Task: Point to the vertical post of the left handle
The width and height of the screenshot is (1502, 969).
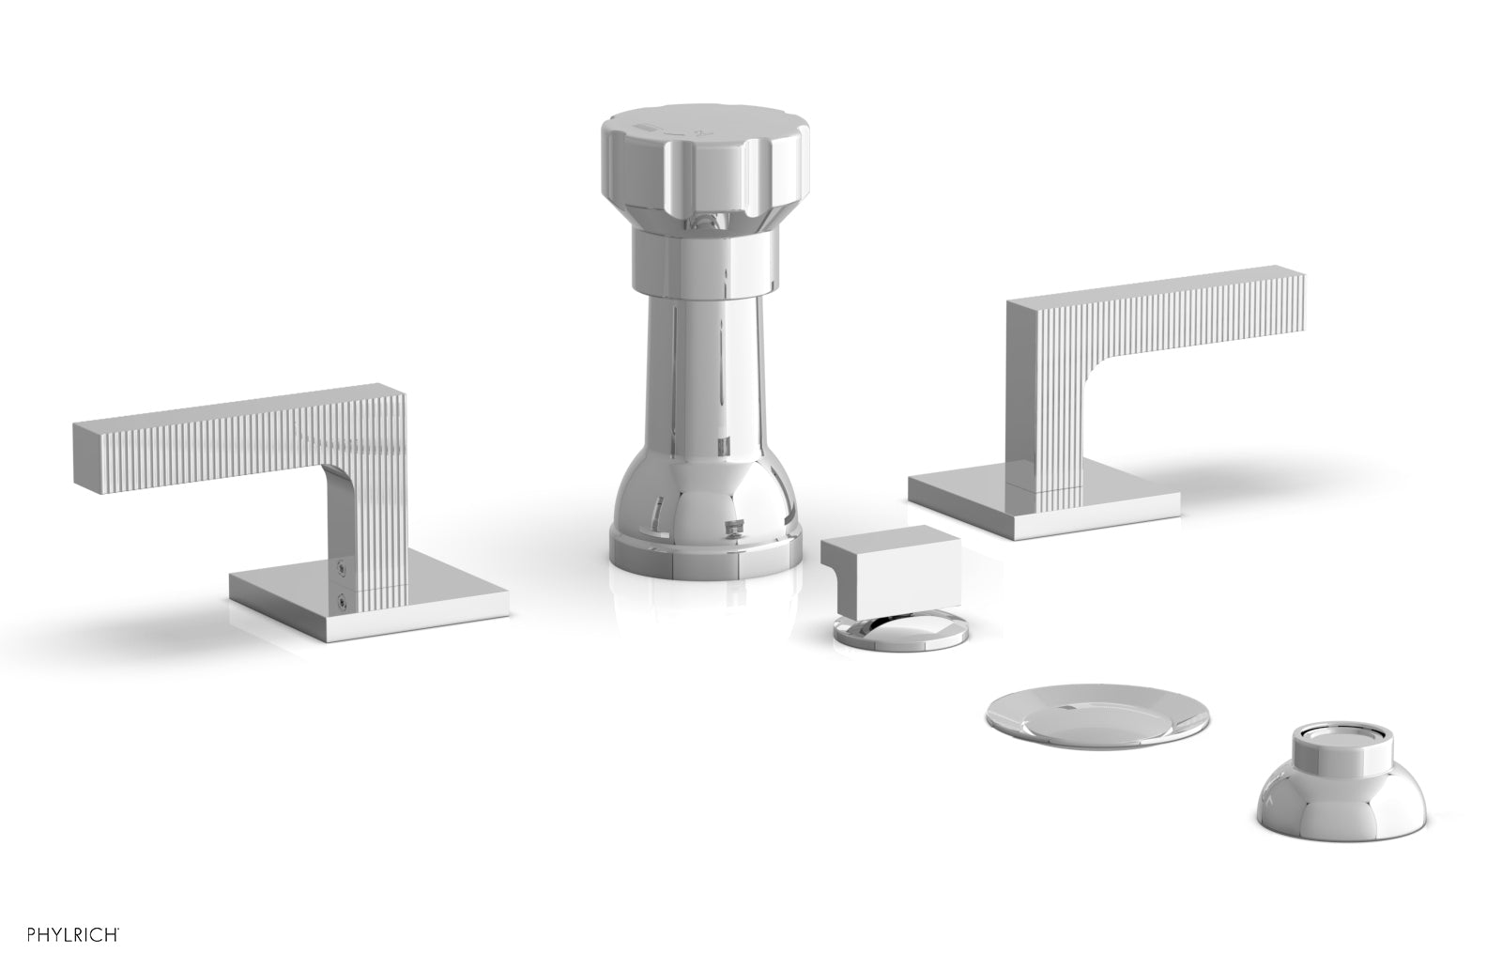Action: (361, 526)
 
